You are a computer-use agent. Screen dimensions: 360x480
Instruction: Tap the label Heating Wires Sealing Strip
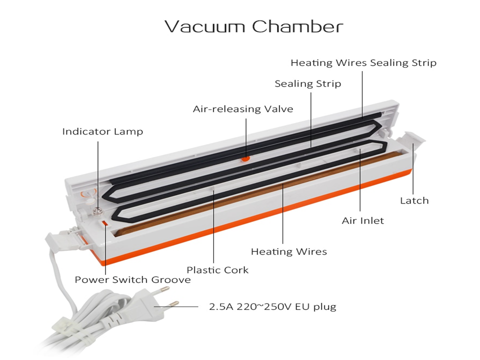[x=363, y=62]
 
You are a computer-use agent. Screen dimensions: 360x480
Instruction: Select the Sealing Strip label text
[x=308, y=83]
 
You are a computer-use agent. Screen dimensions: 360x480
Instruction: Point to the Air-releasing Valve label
[x=243, y=108]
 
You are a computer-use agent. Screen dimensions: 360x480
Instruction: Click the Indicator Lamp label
[x=102, y=131]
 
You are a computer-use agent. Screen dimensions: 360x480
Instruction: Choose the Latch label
[x=414, y=200]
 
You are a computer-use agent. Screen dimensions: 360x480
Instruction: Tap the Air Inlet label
[x=362, y=220]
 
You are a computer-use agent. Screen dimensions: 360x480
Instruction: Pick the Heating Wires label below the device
[x=288, y=251]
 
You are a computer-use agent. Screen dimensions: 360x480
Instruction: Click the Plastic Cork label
[x=217, y=270]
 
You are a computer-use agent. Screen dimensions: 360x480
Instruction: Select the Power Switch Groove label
[x=132, y=279]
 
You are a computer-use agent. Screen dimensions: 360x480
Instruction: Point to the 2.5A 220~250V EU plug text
[x=272, y=306]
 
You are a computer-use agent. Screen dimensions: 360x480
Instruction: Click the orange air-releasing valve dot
[x=245, y=158]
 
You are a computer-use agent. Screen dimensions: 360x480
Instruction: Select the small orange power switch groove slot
[x=105, y=222]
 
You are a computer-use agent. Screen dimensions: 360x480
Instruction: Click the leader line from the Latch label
[x=413, y=170]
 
